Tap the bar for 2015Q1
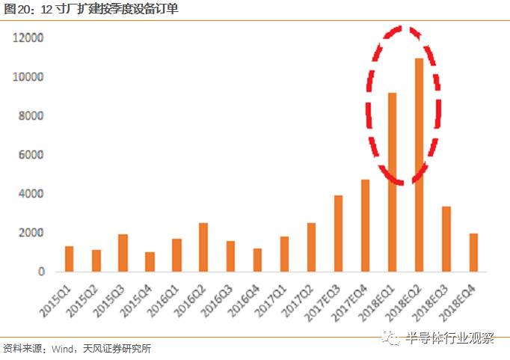[69, 259]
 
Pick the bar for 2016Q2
[203, 247]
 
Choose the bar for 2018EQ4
[473, 253]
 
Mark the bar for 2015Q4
[150, 262]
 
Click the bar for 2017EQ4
[365, 225]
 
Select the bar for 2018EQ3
[446, 239]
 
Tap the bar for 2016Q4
[257, 260]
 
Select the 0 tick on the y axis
[41, 272]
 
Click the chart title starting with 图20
[90, 9]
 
